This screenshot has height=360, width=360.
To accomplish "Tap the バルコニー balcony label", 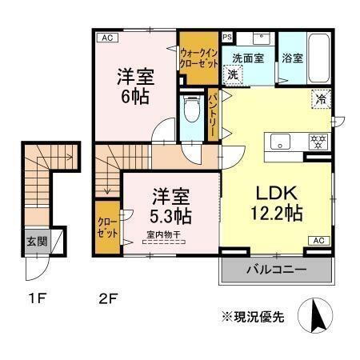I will pyautogui.click(x=275, y=270).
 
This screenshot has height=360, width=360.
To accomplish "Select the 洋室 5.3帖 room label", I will pyautogui.click(x=170, y=206).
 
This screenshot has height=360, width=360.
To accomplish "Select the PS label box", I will pyautogui.click(x=226, y=37).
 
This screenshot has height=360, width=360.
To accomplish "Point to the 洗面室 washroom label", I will pyautogui.click(x=249, y=58).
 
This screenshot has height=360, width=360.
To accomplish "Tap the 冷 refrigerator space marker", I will pyautogui.click(x=320, y=101).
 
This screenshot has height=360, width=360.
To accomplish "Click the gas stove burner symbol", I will pyautogui.click(x=318, y=142).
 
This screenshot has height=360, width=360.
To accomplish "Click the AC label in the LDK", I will pyautogui.click(x=316, y=241).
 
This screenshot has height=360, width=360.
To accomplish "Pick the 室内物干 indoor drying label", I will pyautogui.click(x=164, y=234).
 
